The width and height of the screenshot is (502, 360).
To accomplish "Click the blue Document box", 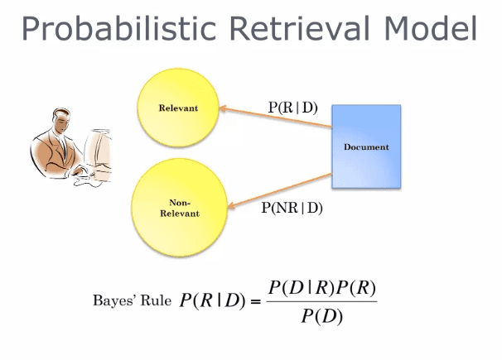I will (x=365, y=146).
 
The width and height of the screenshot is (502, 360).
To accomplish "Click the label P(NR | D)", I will (x=292, y=208).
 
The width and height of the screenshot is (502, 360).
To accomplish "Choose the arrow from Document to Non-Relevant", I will (x=276, y=189).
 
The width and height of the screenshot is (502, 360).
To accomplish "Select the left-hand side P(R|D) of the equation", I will (x=212, y=300).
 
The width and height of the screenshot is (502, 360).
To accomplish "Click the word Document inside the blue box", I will (x=365, y=147).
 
